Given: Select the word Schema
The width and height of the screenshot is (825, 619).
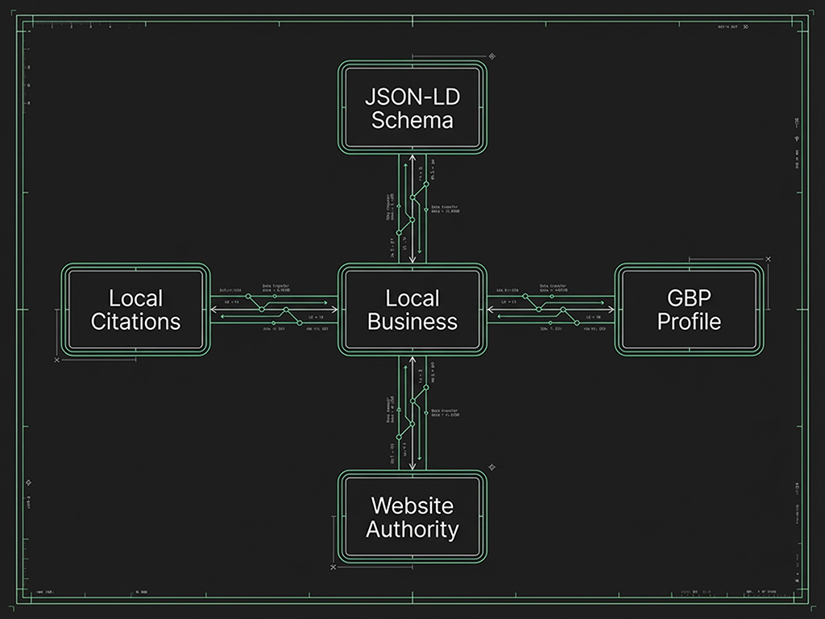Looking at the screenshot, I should [412, 121].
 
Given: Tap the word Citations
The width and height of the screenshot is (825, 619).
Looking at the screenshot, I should [135, 322].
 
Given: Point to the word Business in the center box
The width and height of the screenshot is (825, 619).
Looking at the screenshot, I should [412, 322].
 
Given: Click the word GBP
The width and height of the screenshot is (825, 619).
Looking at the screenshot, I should [689, 297].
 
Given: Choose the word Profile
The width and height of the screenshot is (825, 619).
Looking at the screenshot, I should [689, 322].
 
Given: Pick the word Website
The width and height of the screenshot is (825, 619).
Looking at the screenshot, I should [412, 505].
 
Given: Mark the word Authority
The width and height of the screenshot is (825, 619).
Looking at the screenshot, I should [412, 530].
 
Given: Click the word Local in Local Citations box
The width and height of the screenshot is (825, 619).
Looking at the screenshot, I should [135, 297].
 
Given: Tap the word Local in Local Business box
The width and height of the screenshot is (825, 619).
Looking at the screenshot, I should [412, 297].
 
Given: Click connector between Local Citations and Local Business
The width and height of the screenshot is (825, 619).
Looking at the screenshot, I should [274, 309].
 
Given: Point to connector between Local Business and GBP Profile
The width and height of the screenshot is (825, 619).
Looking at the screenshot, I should [550, 309].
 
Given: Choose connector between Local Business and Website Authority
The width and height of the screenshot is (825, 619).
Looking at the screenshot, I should [412, 413].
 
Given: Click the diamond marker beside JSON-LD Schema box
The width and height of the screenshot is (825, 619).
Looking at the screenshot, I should [492, 56].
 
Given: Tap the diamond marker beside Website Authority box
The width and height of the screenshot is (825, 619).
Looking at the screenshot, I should [491, 467].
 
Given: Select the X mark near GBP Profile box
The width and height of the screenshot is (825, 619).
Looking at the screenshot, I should [768, 259].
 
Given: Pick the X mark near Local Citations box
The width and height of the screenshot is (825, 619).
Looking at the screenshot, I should [56, 360].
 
